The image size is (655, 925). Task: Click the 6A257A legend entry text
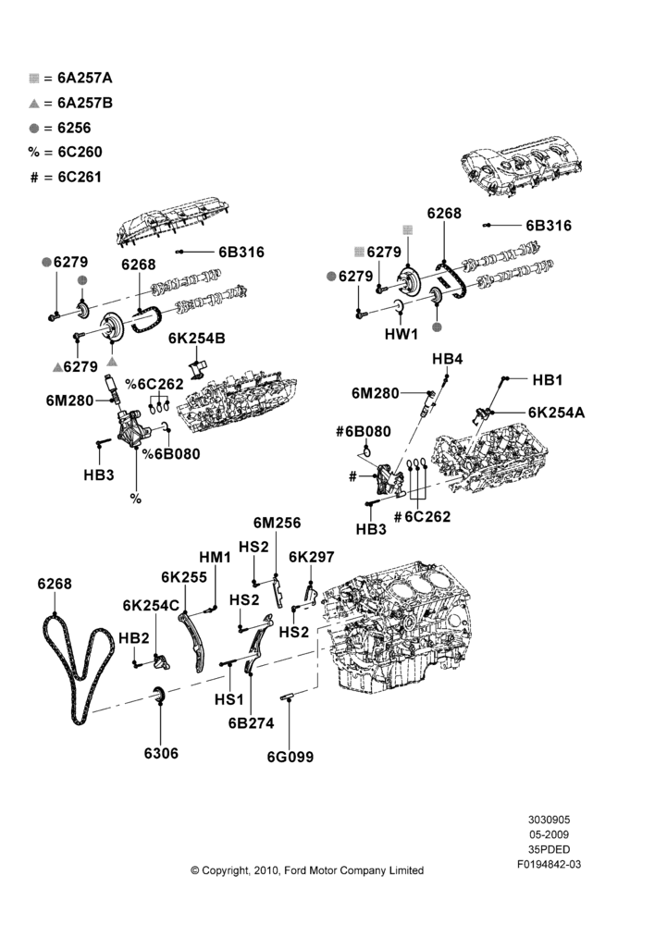(85, 78)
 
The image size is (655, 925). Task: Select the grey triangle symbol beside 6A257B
(33, 104)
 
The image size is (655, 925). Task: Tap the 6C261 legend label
(80, 177)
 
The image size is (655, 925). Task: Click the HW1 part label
(402, 334)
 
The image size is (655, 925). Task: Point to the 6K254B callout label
(196, 338)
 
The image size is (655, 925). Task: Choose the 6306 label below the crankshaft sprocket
(161, 753)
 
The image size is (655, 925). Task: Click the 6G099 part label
(290, 757)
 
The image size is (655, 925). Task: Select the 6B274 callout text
(252, 722)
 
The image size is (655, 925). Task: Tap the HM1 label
(215, 557)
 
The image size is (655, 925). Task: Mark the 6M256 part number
(277, 523)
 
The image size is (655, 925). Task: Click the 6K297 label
(312, 557)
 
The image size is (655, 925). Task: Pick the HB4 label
(447, 359)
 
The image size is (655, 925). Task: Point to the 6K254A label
(556, 413)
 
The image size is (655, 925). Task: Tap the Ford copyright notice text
(307, 870)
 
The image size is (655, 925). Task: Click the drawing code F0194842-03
(550, 864)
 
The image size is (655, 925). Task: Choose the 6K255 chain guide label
(184, 576)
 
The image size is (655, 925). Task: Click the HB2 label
(134, 638)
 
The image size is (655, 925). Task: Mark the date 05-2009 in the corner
(550, 834)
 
